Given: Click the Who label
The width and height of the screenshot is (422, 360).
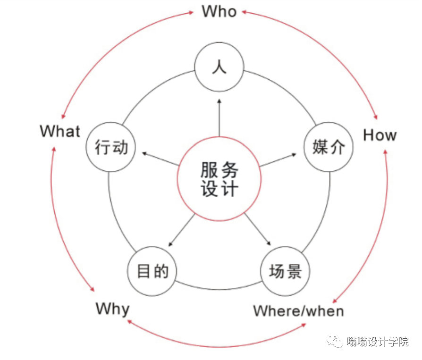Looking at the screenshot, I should coord(219,11).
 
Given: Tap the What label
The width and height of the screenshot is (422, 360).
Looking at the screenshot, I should coord(60,131).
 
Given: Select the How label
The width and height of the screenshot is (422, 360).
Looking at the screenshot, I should coord(380,135).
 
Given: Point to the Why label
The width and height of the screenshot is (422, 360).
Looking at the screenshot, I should coord(112,310).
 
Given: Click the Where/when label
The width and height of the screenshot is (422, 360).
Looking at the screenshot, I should coord(298,311).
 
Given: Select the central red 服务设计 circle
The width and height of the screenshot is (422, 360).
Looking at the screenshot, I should coord(219,179).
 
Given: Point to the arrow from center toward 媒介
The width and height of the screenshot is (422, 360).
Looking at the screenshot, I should coord(279,159).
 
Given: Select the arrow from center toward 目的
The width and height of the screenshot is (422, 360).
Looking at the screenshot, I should coord(181,230).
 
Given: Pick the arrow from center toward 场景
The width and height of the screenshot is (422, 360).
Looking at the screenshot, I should coord(258,230).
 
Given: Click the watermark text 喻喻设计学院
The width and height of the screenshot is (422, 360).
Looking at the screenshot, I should coord(377,342).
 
